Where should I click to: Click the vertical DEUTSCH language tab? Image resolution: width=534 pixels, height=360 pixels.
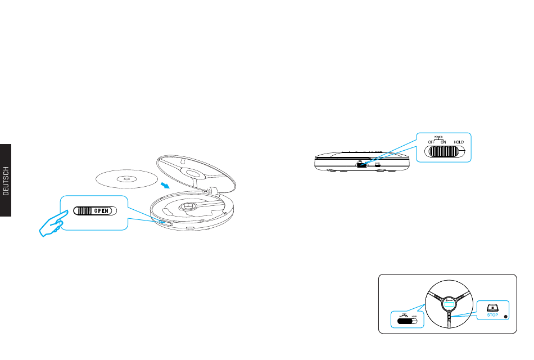tap(6, 180)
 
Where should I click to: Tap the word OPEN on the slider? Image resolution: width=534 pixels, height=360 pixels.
tap(101, 211)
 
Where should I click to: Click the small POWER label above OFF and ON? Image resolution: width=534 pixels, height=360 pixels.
tap(438, 136)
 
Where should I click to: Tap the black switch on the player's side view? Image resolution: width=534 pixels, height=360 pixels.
tap(361, 165)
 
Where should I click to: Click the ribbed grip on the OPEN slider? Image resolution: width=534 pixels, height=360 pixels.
tap(84, 211)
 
